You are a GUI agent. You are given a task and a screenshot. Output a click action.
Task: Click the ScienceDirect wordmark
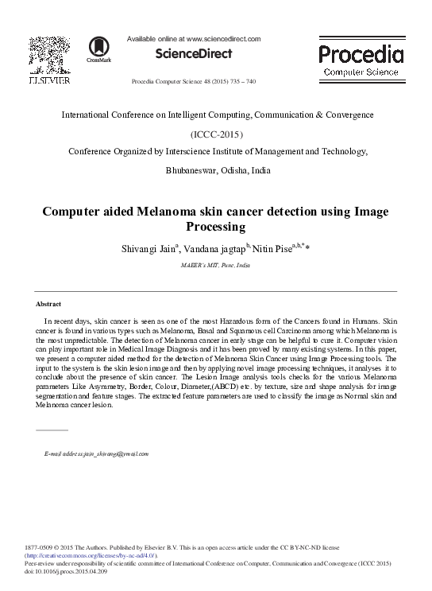(195, 54)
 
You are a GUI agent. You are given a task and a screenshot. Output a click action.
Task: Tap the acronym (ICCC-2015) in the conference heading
(217, 134)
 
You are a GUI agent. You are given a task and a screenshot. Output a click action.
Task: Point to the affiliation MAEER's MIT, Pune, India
(216, 265)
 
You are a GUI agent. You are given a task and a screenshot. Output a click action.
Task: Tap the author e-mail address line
(95, 453)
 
